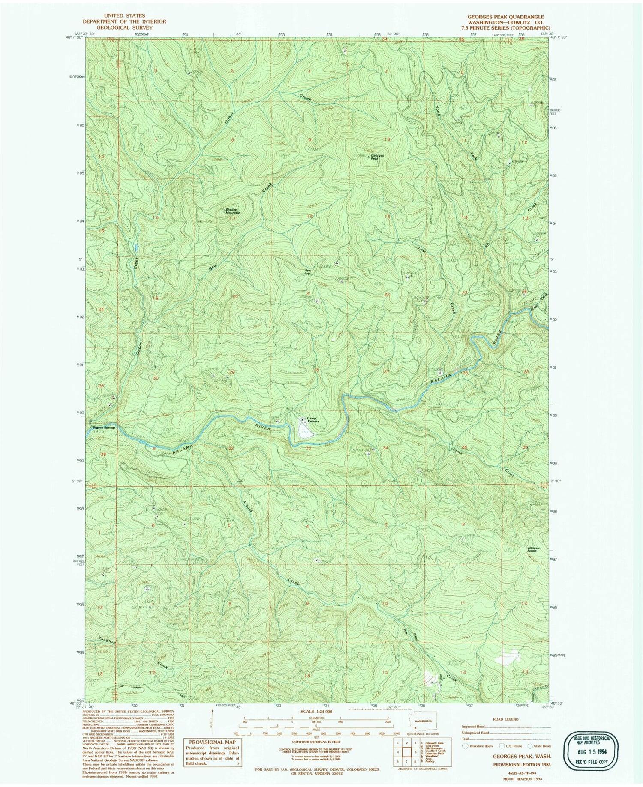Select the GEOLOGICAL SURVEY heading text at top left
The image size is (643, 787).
click(x=118, y=27)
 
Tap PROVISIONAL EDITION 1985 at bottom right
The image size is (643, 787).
click(x=522, y=765)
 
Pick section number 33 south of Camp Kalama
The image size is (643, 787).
click(x=308, y=448)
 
